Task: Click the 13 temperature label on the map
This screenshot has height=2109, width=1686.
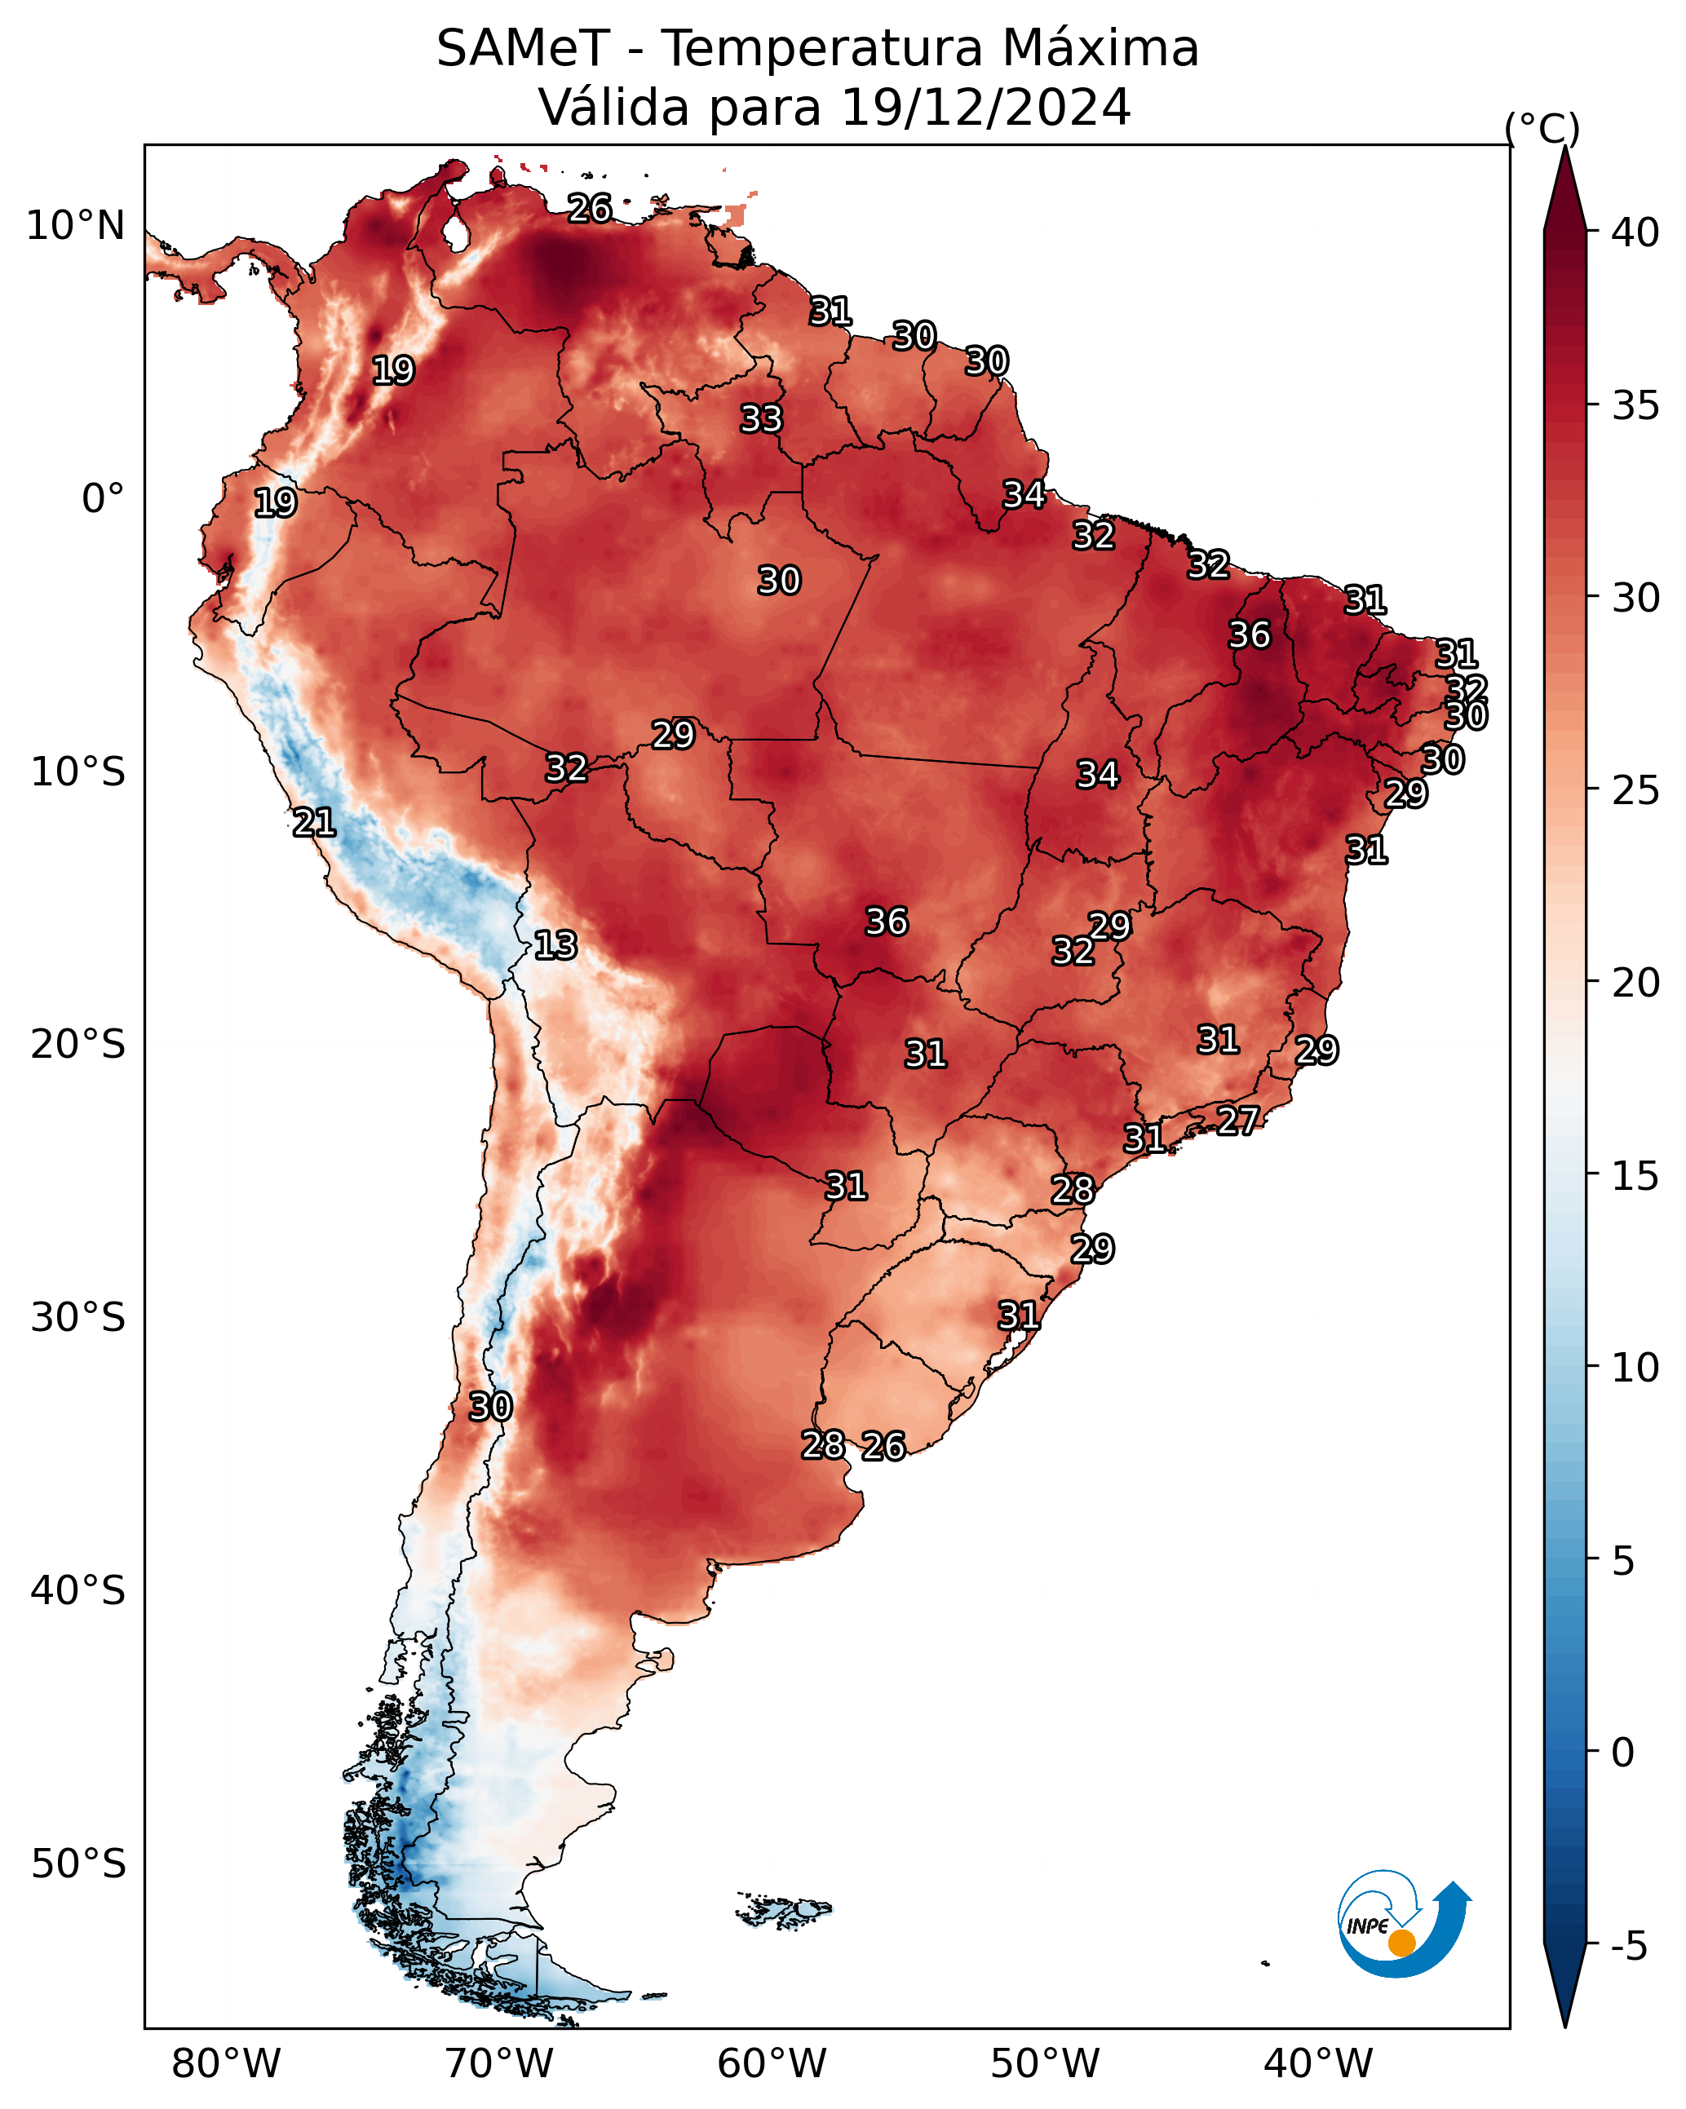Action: pos(555,945)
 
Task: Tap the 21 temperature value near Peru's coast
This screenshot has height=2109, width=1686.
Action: pos(314,823)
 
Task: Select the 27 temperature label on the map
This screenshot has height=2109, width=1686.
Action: pos(1238,1120)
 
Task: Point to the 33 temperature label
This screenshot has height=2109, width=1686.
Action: pos(761,418)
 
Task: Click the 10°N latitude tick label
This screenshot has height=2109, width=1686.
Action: pos(75,226)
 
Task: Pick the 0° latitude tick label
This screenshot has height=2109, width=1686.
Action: pos(104,499)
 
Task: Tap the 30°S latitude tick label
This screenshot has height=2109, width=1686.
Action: pos(78,1318)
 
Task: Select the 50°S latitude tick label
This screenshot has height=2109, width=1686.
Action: pos(78,1864)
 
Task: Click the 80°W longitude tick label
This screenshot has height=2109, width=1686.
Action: pos(226,2064)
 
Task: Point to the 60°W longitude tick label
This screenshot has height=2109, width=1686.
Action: pos(772,2064)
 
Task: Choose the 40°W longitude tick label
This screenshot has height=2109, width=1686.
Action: pos(1318,2064)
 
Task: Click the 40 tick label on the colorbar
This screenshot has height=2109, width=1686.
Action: pos(1636,232)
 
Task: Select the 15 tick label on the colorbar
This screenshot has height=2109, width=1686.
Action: pos(1636,1176)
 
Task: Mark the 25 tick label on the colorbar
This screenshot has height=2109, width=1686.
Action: pos(1636,790)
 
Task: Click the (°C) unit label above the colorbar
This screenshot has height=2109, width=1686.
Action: pos(1542,128)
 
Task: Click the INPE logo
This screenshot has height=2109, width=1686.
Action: pos(1405,1923)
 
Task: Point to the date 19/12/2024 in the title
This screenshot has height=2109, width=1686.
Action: pos(986,107)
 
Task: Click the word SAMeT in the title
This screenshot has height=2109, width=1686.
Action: pos(524,48)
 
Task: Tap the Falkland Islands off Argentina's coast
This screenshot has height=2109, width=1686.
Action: pos(784,1909)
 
